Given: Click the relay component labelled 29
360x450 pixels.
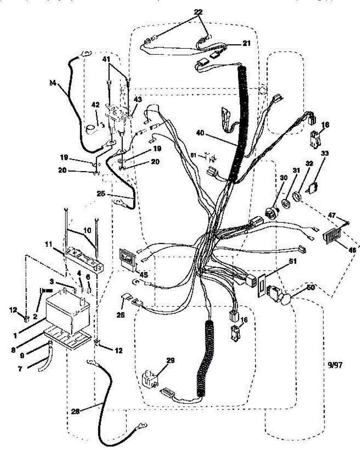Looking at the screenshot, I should [151, 379].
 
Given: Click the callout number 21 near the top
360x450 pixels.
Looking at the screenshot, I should [246, 43].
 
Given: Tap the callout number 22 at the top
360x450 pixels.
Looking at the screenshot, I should [198, 12].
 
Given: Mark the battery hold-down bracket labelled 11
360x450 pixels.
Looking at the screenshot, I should [84, 259].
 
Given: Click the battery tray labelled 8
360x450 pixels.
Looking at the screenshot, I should [67, 337].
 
